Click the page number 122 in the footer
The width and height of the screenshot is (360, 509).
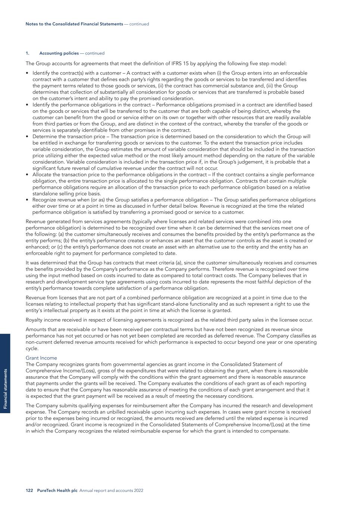coord(29,490)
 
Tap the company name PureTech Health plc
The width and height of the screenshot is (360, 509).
coord(57,490)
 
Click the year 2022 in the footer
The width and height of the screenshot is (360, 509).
coord(138,490)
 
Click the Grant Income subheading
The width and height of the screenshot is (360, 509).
coord(41,358)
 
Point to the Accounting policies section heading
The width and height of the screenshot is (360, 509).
coord(59,53)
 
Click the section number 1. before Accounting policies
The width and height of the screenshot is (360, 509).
coord(27,53)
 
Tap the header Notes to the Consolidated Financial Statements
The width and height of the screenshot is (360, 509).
coord(74,24)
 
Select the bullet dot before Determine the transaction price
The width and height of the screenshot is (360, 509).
coord(28,136)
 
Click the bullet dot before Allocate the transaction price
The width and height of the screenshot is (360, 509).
coord(28,175)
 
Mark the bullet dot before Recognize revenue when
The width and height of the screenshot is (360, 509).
coord(28,200)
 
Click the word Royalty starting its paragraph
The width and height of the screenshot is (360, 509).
coord(34,320)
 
